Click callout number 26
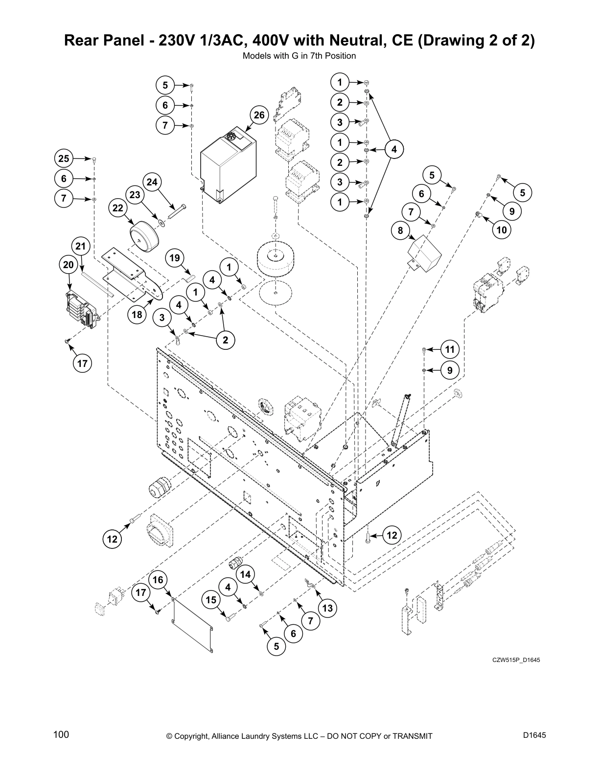coord(259,115)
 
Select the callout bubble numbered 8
coord(400,231)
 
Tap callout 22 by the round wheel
coord(118,208)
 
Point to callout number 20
coord(69,265)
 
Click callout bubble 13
coord(327,608)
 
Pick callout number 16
coord(158,580)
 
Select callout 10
coord(502,230)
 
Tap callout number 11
coord(450,349)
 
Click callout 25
coord(64,159)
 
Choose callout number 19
coord(175,258)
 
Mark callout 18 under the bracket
coord(137,315)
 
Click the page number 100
coord(61,735)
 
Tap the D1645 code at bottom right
coord(534,735)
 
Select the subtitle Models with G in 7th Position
coord(299,56)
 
